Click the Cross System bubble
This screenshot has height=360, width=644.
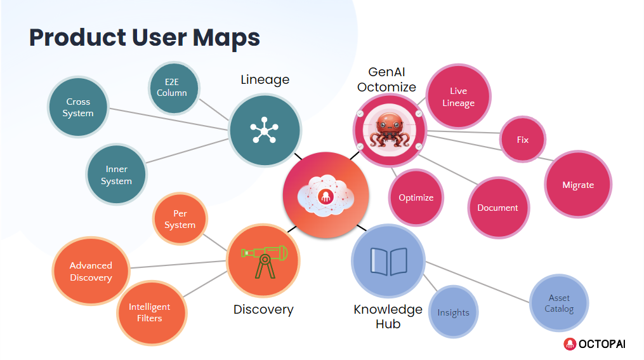pyautogui.click(x=78, y=107)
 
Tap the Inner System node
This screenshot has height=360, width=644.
pyautogui.click(x=117, y=175)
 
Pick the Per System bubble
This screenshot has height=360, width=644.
pyautogui.click(x=180, y=219)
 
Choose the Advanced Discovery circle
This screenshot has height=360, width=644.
pyautogui.click(x=91, y=271)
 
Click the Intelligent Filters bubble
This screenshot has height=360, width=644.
pyautogui.click(x=149, y=312)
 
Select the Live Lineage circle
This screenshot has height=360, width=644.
pyautogui.click(x=458, y=97)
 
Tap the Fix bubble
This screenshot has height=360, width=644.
pyautogui.click(x=522, y=140)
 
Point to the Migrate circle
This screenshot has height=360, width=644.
pyautogui.click(x=578, y=185)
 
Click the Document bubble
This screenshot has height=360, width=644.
pyautogui.click(x=497, y=208)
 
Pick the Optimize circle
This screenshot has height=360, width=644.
pyautogui.click(x=416, y=197)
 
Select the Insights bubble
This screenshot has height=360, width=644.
pyautogui.click(x=453, y=312)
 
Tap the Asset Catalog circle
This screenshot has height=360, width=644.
pyautogui.click(x=559, y=303)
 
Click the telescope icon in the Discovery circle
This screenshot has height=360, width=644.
pyautogui.click(x=263, y=259)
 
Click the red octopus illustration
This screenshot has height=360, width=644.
pyautogui.click(x=389, y=129)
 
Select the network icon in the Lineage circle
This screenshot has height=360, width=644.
pyautogui.click(x=264, y=130)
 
